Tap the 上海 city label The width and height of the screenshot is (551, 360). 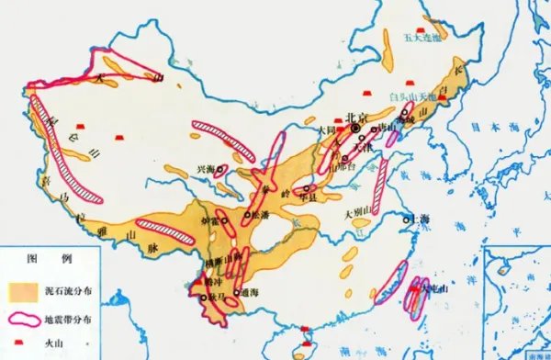[424, 219]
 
